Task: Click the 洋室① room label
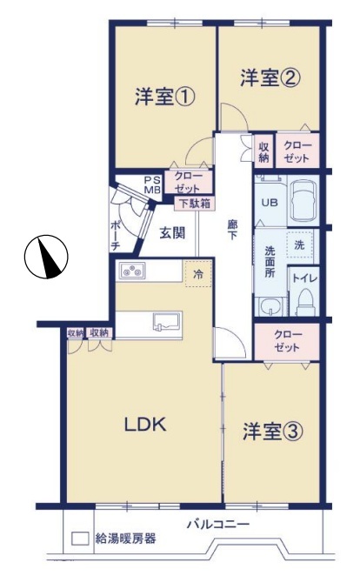164,97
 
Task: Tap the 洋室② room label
270,78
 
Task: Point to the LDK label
145,425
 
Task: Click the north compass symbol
46,257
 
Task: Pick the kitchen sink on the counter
167,322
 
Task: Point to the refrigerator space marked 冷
198,274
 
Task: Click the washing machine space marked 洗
300,245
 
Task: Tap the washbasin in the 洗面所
270,307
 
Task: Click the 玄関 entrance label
172,232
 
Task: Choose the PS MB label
152,185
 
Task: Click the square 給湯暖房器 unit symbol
80,539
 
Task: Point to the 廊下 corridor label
233,231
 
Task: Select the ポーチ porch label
116,236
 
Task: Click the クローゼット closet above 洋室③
287,341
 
